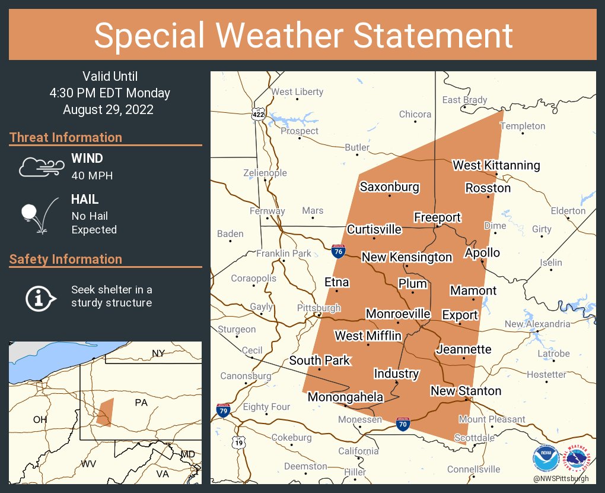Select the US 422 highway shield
[258, 114]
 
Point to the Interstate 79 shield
[223, 410]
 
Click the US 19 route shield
[238, 443]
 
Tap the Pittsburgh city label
[319, 308]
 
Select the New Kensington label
[407, 257]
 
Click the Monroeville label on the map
[398, 314]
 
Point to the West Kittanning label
[496, 165]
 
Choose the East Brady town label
[464, 100]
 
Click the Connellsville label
[474, 469]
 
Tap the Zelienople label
[265, 173]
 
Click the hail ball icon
[36, 214]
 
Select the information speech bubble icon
[40, 297]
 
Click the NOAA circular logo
[546, 459]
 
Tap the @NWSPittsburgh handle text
[561, 478]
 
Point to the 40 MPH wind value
[92, 175]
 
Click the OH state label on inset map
[40, 419]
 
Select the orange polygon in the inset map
[105, 412]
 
